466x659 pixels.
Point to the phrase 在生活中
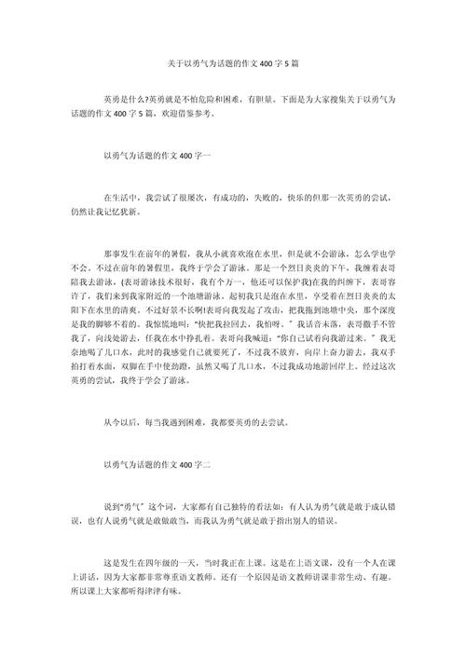(x=122, y=198)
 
